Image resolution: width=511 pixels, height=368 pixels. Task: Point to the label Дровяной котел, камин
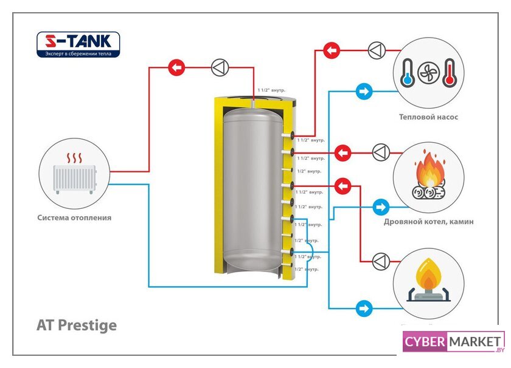tap(428, 222)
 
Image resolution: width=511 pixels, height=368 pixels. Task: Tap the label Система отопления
tap(74, 217)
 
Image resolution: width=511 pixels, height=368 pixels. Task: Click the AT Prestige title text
tap(77, 325)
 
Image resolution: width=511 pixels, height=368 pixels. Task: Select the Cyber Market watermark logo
tap(453, 342)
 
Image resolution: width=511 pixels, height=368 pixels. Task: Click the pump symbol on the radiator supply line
tap(219, 67)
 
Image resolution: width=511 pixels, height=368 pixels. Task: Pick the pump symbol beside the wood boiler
tap(381, 152)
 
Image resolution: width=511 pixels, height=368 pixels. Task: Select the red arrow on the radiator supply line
tap(176, 67)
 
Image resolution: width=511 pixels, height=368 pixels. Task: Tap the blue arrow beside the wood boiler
tap(381, 206)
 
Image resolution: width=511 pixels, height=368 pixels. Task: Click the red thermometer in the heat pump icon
tap(449, 72)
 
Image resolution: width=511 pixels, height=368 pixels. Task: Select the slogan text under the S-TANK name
tap(78, 53)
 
